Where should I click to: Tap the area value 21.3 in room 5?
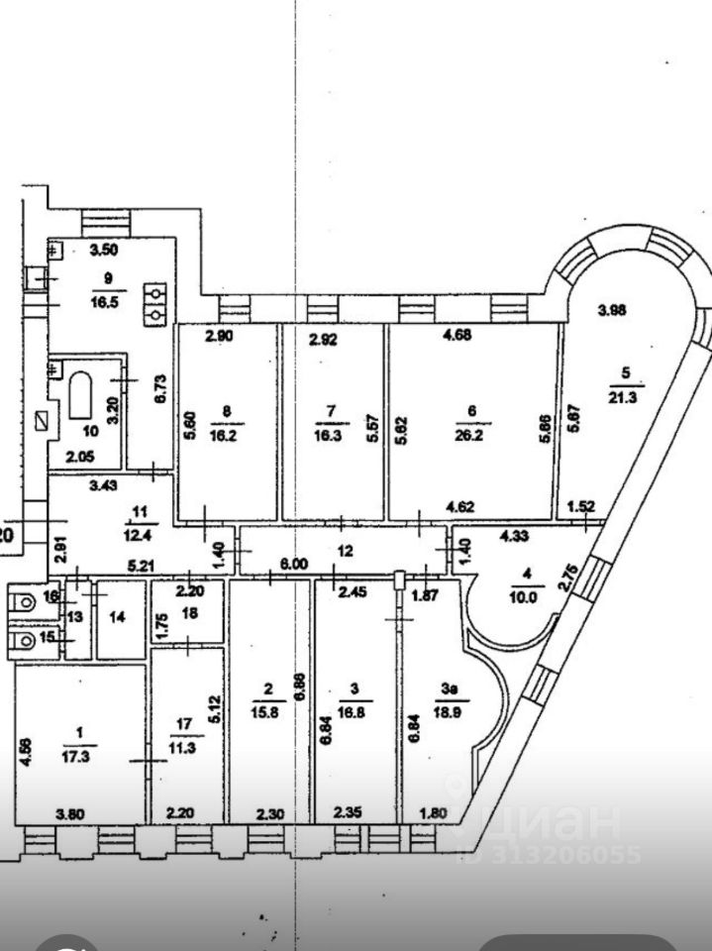pos(624,398)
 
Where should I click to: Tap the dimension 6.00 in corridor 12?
pos(293,563)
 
